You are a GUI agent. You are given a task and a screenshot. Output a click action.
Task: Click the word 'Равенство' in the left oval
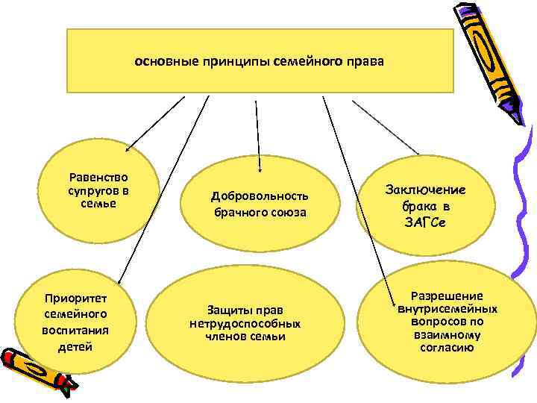[98, 178]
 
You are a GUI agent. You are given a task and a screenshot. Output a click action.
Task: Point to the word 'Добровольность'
[260, 196]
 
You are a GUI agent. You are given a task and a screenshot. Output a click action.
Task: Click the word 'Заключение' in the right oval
[425, 190]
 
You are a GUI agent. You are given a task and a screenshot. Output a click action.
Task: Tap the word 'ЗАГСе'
[426, 221]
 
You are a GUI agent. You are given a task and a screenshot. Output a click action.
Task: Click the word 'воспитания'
[75, 331]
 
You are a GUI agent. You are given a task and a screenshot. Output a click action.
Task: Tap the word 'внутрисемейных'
[447, 309]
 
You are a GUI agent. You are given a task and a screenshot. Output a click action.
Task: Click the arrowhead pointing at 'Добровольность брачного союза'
[260, 169]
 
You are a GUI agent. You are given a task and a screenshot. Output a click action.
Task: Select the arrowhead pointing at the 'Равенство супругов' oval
[128, 150]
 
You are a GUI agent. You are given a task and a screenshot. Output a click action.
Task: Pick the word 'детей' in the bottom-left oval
[75, 346]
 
